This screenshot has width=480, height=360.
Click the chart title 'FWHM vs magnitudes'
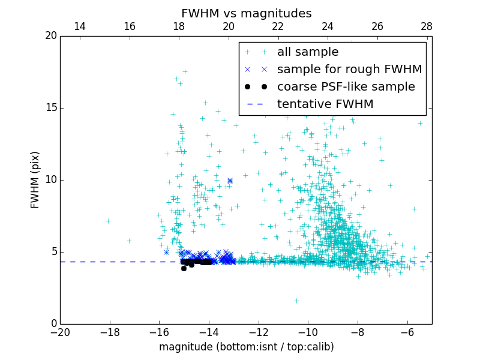point(246,13)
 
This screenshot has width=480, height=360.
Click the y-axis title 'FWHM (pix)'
point(35,180)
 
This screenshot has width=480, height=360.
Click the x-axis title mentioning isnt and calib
point(246,347)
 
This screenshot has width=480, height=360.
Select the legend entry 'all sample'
point(307,52)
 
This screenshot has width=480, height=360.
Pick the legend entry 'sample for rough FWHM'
point(349,70)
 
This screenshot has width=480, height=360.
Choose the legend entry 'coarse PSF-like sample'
point(346,87)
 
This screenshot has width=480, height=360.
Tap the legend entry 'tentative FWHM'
point(325,104)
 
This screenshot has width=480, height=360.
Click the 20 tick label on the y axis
point(50,36)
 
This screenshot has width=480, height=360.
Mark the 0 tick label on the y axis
point(53,324)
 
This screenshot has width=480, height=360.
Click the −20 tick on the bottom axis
point(60,332)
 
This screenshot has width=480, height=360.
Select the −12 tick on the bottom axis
point(259,332)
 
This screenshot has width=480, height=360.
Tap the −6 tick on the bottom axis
point(407,332)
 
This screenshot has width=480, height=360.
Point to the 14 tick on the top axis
point(80,26)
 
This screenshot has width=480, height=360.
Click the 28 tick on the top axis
point(427,26)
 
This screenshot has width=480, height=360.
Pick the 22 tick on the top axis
point(278,26)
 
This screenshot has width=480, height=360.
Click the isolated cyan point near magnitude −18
point(108,221)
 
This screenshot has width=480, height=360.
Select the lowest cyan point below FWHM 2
point(296,301)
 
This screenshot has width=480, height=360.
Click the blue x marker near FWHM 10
point(230,180)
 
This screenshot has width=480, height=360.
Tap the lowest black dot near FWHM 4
point(184,268)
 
